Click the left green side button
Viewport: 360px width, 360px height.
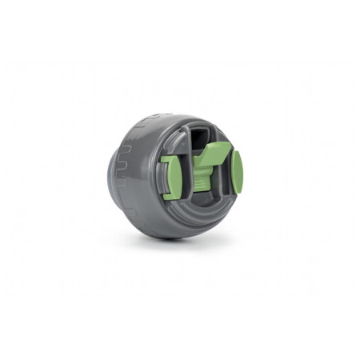(x=170, y=176)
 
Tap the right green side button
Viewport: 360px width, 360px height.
(x=237, y=173)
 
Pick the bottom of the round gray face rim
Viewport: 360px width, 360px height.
(x=196, y=226)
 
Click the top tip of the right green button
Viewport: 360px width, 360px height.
(x=235, y=153)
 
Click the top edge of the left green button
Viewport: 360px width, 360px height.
(x=169, y=156)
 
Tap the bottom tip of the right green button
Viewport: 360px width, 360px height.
(x=238, y=194)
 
